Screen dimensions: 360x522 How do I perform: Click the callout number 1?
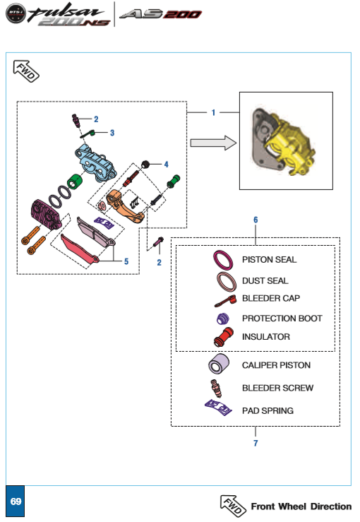[213, 112]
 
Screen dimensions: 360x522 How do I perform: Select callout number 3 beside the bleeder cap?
[112, 133]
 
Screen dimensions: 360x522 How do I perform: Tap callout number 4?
[166, 164]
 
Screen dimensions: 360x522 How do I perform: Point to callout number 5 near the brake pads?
[126, 261]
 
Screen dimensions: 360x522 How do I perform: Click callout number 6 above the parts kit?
[256, 220]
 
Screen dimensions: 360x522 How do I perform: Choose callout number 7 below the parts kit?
[256, 443]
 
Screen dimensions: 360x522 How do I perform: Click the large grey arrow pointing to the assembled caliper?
[213, 143]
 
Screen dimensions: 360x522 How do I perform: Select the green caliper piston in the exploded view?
[75, 181]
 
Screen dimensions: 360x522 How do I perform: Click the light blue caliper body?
[95, 163]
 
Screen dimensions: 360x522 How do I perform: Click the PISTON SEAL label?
[269, 260]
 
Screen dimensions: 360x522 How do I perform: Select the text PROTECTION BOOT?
[282, 319]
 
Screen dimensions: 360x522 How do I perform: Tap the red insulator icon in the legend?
[224, 337]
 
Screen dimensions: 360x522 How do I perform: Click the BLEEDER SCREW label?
[278, 388]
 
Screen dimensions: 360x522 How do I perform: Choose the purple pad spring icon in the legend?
[218, 407]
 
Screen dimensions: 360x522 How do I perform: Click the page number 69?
[16, 502]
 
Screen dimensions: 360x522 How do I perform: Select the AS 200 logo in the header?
[161, 14]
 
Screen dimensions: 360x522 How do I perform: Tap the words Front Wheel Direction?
[301, 506]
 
